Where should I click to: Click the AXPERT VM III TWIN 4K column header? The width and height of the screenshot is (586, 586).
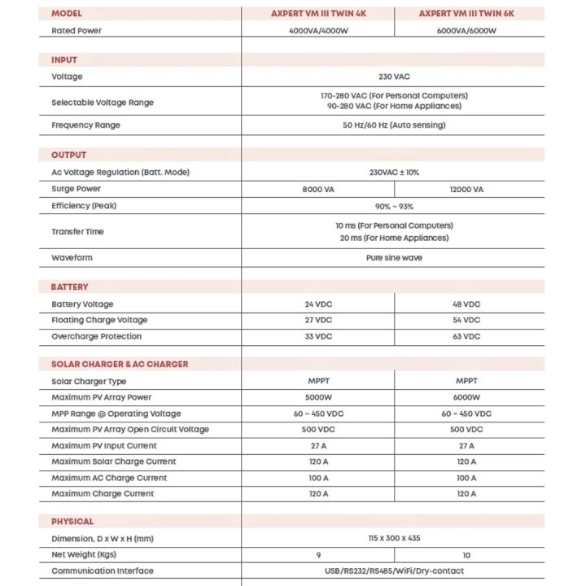[318, 14]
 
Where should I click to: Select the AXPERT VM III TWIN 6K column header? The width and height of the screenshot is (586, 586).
[466, 14]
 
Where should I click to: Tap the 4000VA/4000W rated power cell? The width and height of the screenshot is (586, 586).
[318, 31]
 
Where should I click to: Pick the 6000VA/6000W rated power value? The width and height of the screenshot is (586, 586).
[466, 31]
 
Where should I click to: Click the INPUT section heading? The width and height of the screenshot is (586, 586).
[64, 60]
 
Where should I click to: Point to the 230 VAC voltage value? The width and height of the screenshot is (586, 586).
[394, 77]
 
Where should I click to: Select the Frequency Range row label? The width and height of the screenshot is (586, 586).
[85, 125]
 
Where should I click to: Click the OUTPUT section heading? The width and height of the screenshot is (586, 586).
[68, 155]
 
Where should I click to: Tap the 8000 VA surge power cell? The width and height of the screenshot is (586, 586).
[318, 190]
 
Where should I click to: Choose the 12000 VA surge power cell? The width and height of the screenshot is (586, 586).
[466, 190]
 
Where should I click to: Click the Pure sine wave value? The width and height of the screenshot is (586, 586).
[394, 258]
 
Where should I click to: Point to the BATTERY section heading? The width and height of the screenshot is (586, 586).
[70, 287]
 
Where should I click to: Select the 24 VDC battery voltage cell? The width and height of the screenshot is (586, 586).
[318, 304]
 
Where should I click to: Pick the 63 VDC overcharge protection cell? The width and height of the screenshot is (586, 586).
[466, 336]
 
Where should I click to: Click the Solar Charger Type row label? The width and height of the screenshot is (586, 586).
[89, 381]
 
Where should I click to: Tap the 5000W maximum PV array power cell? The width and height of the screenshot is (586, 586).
[318, 397]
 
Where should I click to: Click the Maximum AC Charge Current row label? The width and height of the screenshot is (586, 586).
[109, 478]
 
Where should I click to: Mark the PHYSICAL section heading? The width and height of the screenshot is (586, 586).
[72, 522]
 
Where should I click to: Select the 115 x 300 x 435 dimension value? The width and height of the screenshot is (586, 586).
[394, 538]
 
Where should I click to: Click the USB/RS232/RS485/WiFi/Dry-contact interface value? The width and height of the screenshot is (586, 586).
[394, 571]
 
